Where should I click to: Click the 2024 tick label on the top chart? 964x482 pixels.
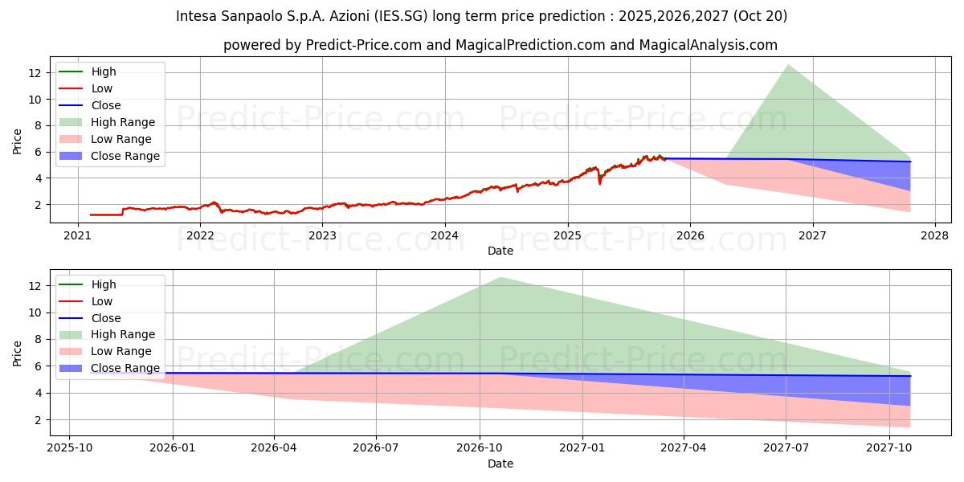[444, 235]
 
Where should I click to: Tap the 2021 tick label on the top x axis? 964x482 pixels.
[77, 235]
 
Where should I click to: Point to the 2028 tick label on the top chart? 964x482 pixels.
[935, 235]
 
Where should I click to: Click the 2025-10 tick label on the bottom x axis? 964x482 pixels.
[69, 448]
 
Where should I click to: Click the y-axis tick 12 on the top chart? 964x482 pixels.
[35, 73]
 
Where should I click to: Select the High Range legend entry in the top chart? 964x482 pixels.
[123, 122]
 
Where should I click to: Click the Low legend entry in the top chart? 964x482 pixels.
[102, 88]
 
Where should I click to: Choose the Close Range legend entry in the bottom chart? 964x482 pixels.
[125, 368]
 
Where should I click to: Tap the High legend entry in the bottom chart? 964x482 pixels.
[104, 284]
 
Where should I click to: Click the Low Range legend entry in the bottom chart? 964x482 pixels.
[121, 351]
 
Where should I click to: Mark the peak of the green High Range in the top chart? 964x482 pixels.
[788, 64]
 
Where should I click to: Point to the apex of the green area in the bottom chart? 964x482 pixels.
[500, 277]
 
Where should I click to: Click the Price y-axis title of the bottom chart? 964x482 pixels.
[18, 353]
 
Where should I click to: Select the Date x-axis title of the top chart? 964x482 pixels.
[500, 251]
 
